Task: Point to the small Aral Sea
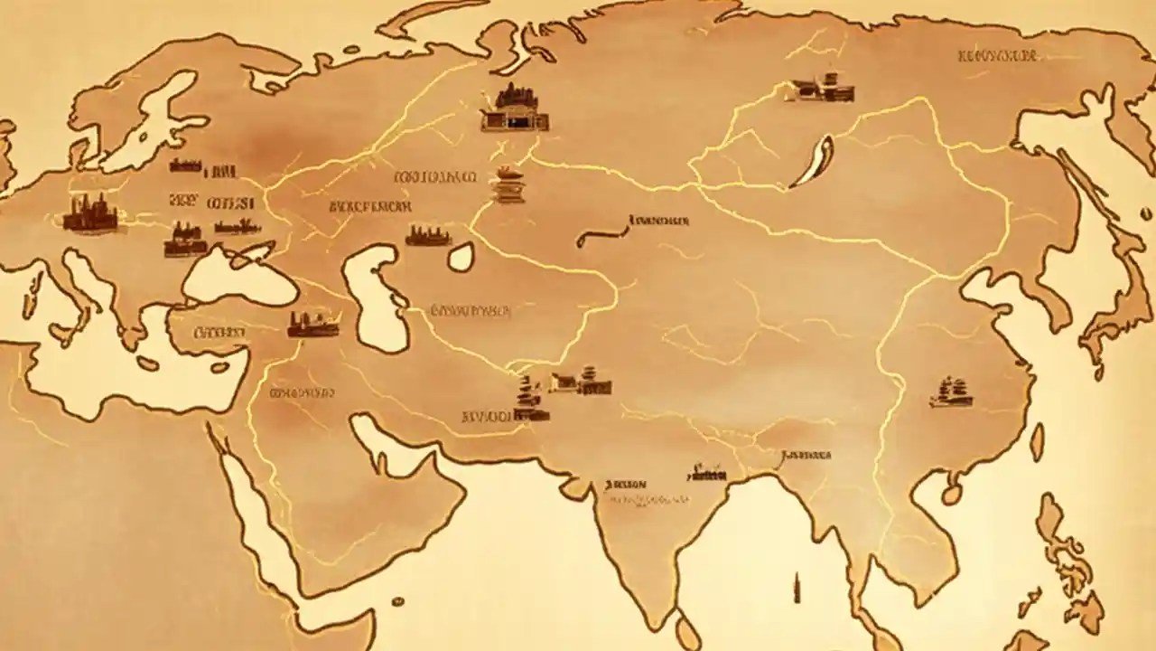(x=461, y=258)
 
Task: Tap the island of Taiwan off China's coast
(x=1038, y=442)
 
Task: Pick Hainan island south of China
(x=951, y=494)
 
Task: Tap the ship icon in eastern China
(x=950, y=392)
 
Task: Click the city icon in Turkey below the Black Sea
(x=312, y=324)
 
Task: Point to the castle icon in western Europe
(x=90, y=214)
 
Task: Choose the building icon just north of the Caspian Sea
(x=428, y=237)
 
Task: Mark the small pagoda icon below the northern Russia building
(x=508, y=184)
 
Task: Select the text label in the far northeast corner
(x=998, y=57)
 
